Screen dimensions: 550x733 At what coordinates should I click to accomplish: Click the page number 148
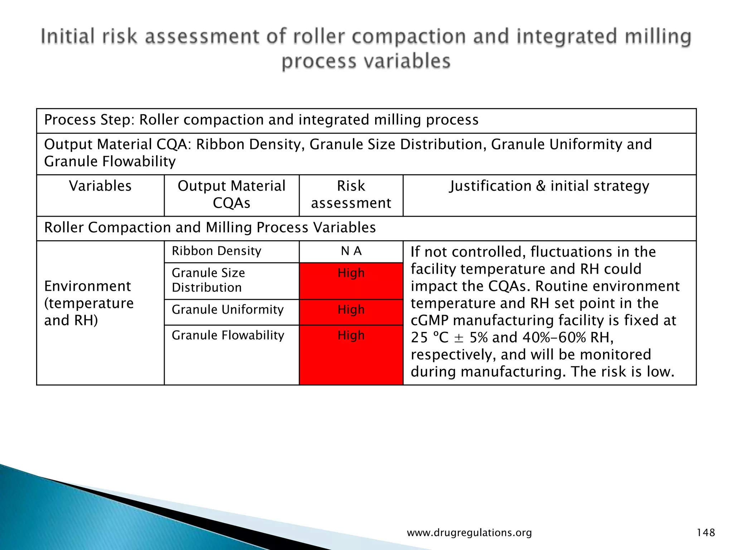705,532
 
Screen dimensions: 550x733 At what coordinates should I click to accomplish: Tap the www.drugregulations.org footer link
469,533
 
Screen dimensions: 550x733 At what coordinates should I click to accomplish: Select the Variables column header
100,186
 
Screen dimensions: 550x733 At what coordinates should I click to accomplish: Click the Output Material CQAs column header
232,194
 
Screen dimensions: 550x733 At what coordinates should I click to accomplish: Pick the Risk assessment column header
351,194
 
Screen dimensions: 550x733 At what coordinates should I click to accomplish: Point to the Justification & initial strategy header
549,186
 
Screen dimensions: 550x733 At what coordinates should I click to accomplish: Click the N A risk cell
351,251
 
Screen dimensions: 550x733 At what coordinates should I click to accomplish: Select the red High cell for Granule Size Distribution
351,281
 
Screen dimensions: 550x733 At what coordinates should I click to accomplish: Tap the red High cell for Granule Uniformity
351,312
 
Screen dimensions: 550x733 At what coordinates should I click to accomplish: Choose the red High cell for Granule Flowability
351,354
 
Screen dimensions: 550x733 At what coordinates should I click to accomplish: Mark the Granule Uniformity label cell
228,310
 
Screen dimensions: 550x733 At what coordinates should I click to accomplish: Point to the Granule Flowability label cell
228,336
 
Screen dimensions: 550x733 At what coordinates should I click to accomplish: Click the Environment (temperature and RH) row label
89,303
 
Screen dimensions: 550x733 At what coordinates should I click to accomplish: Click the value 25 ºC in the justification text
429,338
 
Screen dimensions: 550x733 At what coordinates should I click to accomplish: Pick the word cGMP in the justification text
429,320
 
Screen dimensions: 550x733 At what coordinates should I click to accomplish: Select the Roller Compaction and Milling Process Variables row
210,228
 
